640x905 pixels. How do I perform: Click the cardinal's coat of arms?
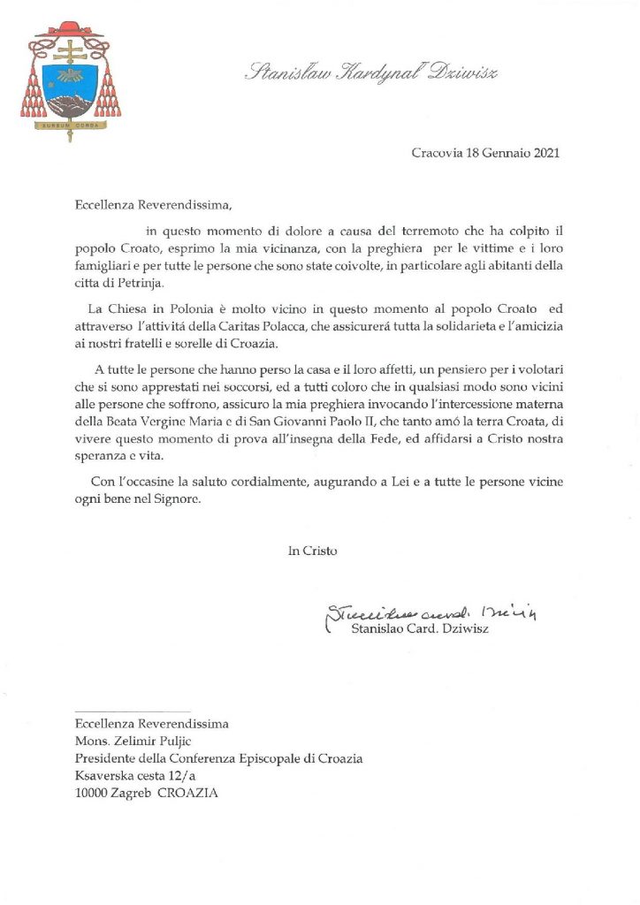point(70,81)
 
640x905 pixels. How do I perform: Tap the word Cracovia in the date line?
point(437,153)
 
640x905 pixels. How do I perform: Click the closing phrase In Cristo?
point(312,551)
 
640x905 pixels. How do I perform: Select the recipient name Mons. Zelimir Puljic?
point(139,741)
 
